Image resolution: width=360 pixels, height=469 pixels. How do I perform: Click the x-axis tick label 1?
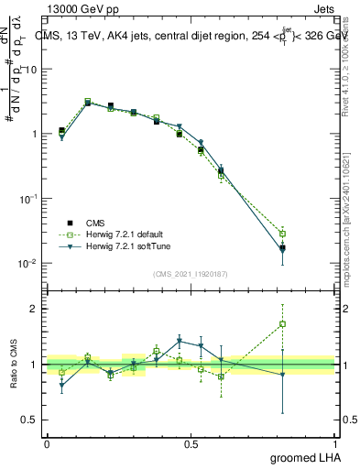338,443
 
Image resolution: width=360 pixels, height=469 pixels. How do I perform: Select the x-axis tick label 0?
46,443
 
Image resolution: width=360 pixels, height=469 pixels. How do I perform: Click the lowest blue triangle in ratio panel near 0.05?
61,386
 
